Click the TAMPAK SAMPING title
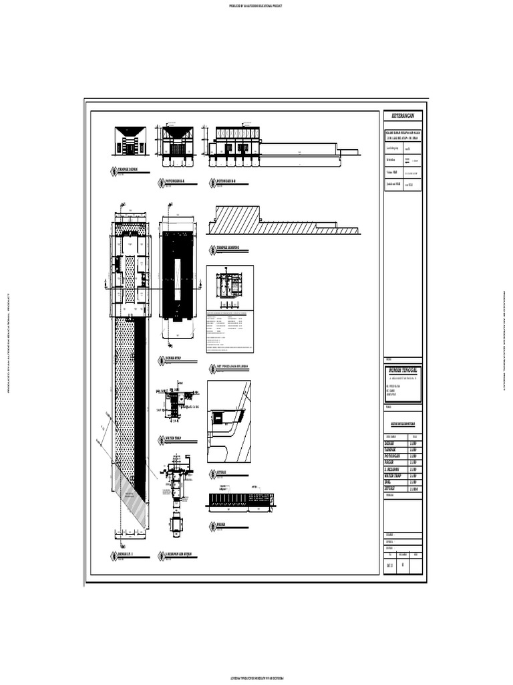tap(228, 248)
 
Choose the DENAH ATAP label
tap(175, 359)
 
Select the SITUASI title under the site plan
tap(222, 472)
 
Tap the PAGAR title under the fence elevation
tap(221, 524)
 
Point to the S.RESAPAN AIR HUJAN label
tap(182, 555)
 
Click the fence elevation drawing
tap(240, 500)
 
